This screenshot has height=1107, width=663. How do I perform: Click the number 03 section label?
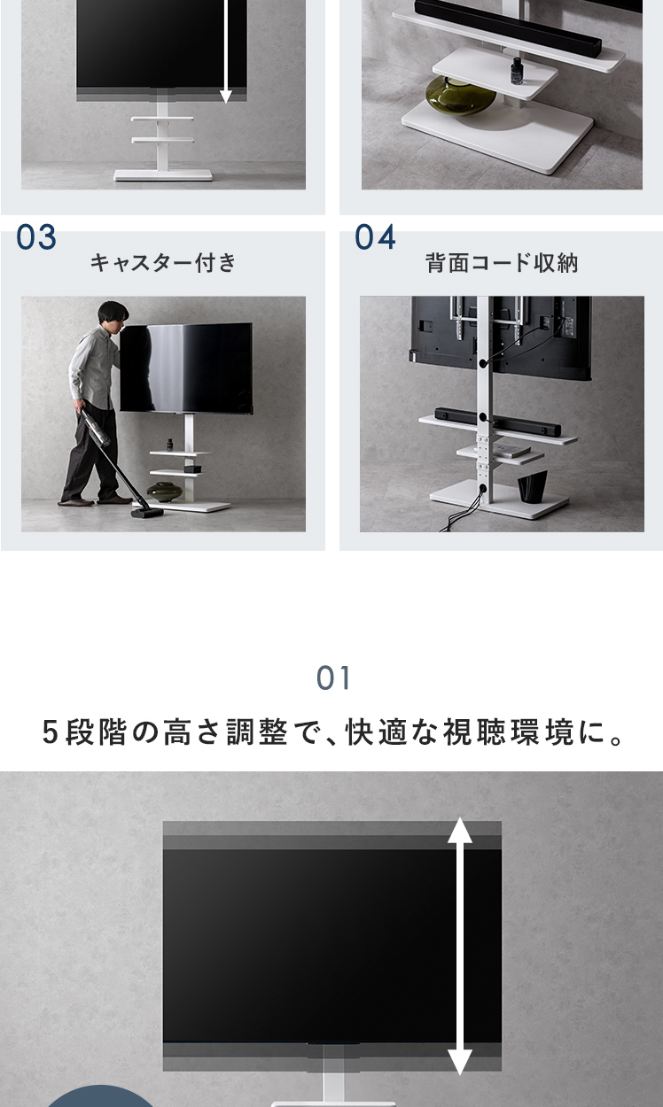pyautogui.click(x=36, y=236)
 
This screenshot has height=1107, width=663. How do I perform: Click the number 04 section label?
pyautogui.click(x=375, y=236)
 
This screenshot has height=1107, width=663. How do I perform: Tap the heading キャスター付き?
pyautogui.click(x=163, y=262)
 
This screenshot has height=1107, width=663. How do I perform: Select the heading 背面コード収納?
pyautogui.click(x=502, y=262)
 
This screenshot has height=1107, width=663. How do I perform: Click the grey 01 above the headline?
pyautogui.click(x=333, y=677)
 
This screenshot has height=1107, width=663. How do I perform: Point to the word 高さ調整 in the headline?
pyautogui.click(x=225, y=732)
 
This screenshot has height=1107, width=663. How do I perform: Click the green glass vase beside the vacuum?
pyautogui.click(x=165, y=492)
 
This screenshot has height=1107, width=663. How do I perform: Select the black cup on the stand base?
pyautogui.click(x=533, y=486)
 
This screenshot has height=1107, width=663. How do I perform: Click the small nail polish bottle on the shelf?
pyautogui.click(x=517, y=71)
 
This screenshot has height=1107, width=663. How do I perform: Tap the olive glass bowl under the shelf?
pyautogui.click(x=460, y=96)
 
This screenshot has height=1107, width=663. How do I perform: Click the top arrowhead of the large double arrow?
pyautogui.click(x=460, y=831)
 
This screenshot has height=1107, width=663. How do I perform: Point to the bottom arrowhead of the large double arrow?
pyautogui.click(x=460, y=1061)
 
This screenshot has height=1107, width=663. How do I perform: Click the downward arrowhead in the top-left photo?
pyautogui.click(x=226, y=97)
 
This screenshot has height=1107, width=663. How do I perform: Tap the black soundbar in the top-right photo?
pyautogui.click(x=508, y=27)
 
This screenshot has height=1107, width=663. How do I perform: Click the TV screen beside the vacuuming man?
pyautogui.click(x=186, y=368)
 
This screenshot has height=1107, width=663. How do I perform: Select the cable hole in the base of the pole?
pyautogui.click(x=483, y=488)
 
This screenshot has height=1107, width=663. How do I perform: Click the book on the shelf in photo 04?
pyautogui.click(x=511, y=450)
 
